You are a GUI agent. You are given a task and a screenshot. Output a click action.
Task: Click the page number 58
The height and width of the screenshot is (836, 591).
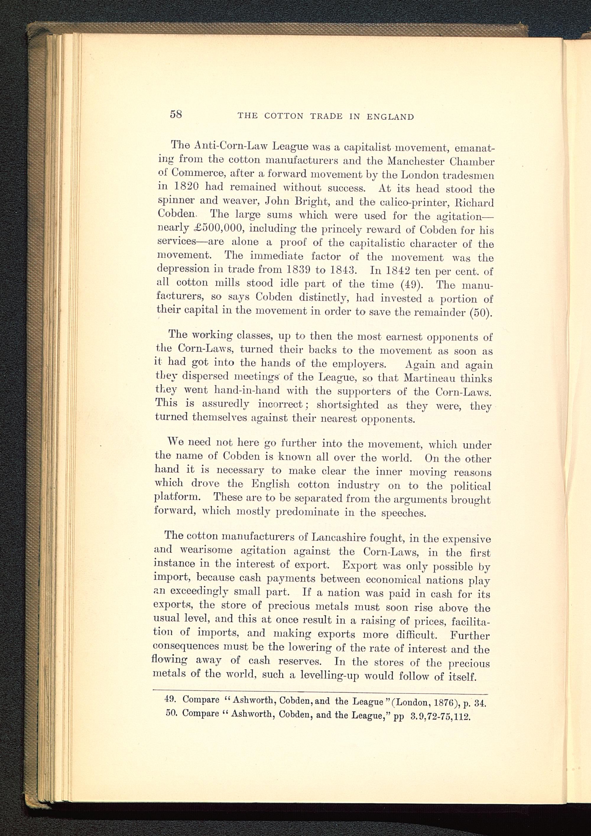176,114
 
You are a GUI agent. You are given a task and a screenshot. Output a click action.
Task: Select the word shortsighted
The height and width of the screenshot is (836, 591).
348,405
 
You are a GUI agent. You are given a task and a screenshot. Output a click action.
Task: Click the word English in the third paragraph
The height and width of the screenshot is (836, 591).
271,484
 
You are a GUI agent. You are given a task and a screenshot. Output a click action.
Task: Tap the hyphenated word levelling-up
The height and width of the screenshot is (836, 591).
329,676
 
